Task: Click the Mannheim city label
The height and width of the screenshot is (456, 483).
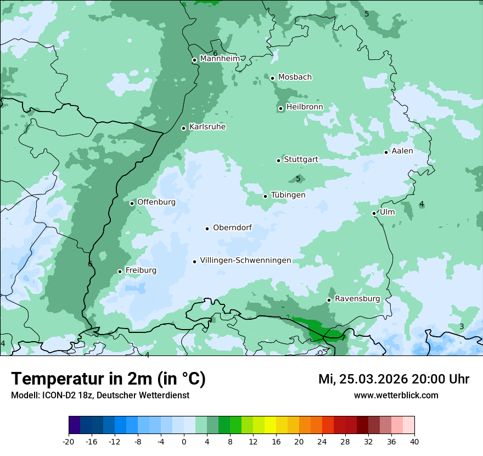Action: tap(220, 59)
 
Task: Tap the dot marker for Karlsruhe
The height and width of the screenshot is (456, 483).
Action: tap(184, 128)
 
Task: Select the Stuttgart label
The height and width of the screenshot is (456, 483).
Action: tap(301, 160)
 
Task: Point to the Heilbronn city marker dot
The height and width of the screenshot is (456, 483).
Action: tap(280, 108)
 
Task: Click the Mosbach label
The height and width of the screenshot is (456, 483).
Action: tap(295, 77)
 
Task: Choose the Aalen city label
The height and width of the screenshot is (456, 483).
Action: tap(402, 151)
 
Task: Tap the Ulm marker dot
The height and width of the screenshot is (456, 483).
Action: tap(374, 213)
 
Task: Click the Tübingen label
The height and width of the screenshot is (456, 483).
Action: tap(288, 195)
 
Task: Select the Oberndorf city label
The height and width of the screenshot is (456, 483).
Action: tap(232, 227)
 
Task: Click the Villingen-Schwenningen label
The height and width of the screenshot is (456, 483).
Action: tap(245, 260)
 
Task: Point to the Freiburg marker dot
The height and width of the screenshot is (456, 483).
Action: tap(120, 271)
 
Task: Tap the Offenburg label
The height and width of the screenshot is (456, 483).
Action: tap(156, 202)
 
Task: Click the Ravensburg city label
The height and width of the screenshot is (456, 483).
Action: tap(357, 299)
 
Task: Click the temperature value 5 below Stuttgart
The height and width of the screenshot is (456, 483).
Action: tap(298, 179)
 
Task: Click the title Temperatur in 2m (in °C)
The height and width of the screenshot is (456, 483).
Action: tap(109, 379)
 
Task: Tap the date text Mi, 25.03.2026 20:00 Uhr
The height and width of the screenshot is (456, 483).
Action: tap(394, 379)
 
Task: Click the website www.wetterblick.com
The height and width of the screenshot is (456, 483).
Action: tap(396, 395)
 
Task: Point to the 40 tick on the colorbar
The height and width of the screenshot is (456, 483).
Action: tap(414, 441)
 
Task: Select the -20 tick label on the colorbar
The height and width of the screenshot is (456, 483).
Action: tap(69, 441)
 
